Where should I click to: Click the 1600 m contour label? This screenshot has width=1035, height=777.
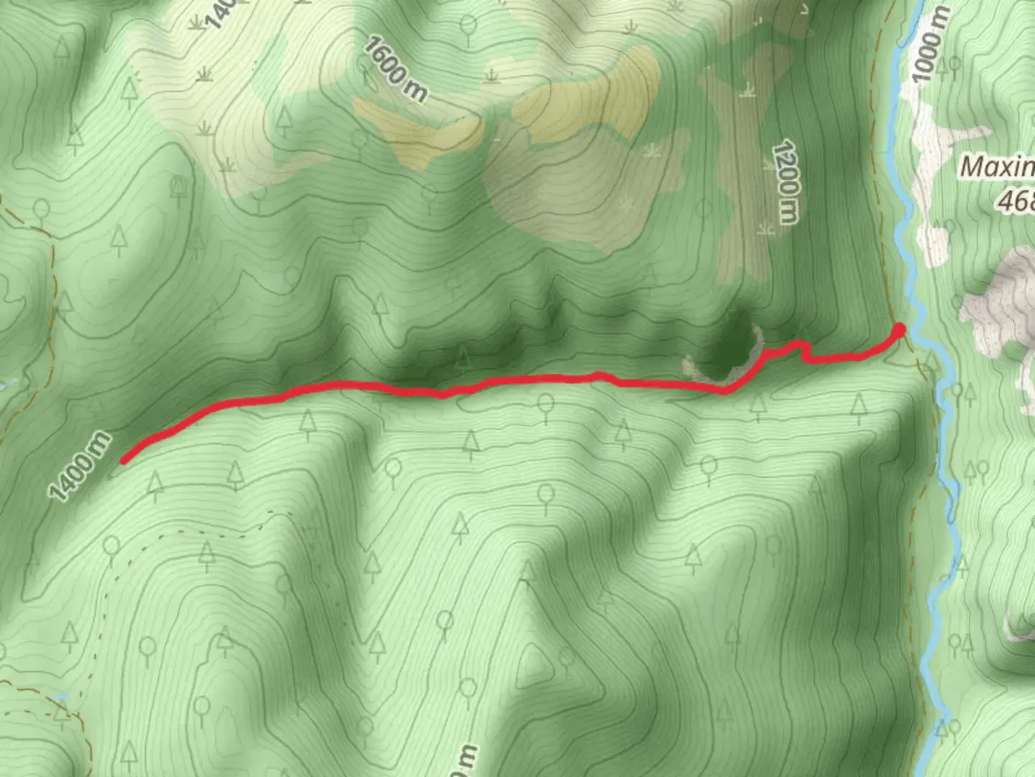tap(395, 69)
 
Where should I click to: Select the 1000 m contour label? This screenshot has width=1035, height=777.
tap(931, 45)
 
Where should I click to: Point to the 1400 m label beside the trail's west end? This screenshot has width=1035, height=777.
tap(80, 465)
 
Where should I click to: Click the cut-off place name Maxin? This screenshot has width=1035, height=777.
tap(998, 168)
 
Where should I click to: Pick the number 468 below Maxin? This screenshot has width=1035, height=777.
tap(1016, 201)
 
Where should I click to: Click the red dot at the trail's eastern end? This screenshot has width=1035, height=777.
tap(898, 330)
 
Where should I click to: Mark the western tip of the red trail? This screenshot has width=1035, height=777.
tap(124, 460)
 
